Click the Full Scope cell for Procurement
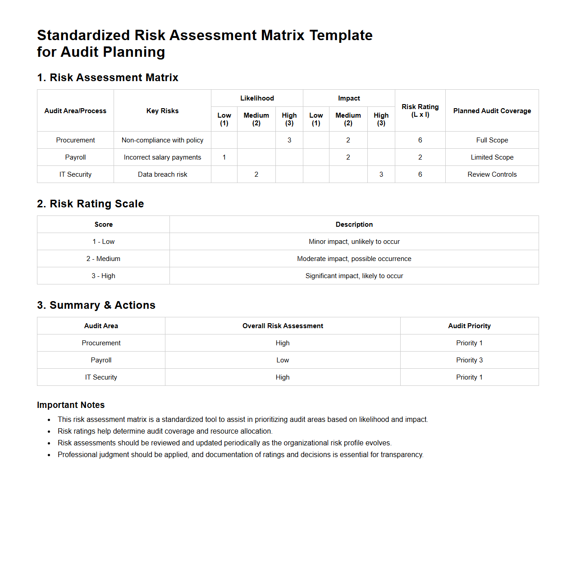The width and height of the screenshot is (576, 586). (492, 140)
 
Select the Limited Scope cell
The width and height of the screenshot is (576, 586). (492, 157)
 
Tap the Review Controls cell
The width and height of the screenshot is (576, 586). (492, 174)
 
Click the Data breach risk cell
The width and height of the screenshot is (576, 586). (162, 174)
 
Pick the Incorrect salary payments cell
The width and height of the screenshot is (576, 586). (162, 157)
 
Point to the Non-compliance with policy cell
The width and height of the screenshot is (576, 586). (162, 140)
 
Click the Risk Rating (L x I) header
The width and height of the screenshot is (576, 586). (420, 110)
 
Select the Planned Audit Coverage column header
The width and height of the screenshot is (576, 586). (492, 111)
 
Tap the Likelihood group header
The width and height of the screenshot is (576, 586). (257, 98)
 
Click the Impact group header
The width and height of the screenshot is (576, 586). (349, 98)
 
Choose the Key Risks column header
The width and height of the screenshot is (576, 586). (162, 111)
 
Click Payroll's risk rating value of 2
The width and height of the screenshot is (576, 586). (420, 157)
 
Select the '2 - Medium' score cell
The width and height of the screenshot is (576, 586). (103, 259)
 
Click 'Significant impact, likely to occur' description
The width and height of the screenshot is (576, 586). (354, 276)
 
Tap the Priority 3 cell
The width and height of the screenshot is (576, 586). (469, 360)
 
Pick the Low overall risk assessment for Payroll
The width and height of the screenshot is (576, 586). (283, 360)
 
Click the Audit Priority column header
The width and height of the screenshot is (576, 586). (469, 326)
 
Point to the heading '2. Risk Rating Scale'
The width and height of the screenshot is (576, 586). (91, 204)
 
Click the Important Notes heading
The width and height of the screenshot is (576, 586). (71, 405)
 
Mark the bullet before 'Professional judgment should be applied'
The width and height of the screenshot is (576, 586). (49, 455)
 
